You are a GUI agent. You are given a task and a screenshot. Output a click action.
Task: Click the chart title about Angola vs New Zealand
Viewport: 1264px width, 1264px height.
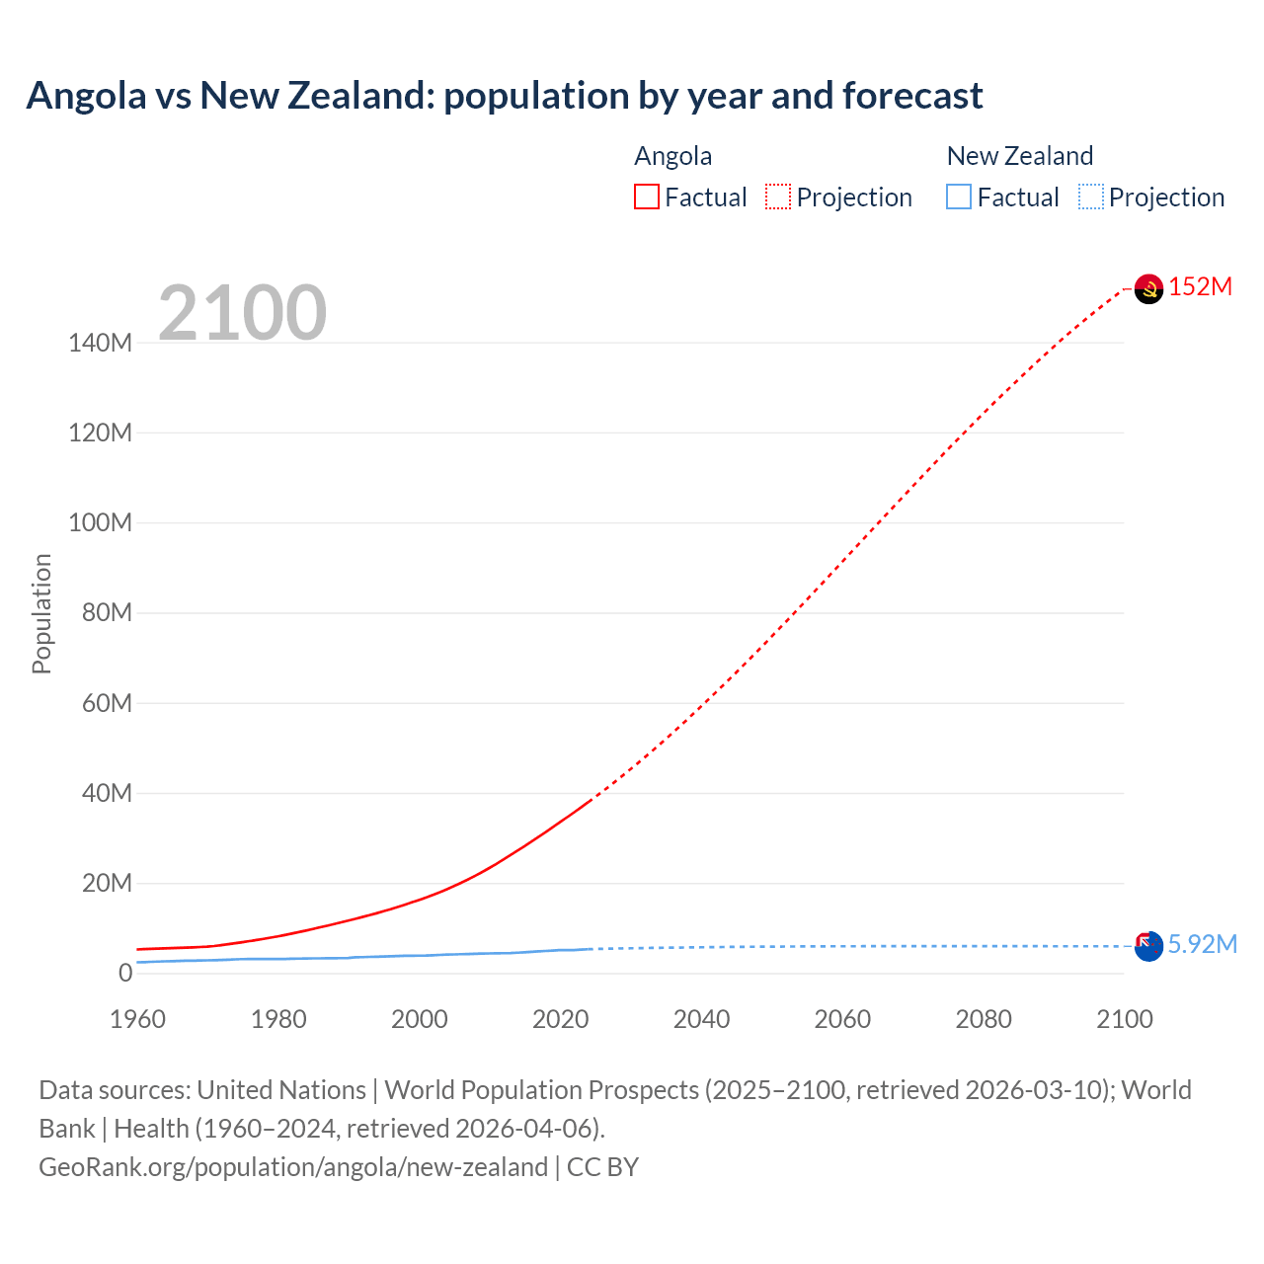pyautogui.click(x=505, y=96)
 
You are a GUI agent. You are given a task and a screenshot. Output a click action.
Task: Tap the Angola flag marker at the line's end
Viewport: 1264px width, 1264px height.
pyautogui.click(x=1148, y=288)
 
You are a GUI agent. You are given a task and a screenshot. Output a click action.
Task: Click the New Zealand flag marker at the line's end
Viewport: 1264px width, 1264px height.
pyautogui.click(x=1148, y=946)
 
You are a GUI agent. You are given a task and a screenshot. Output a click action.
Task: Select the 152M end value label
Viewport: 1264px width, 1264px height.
pyautogui.click(x=1201, y=287)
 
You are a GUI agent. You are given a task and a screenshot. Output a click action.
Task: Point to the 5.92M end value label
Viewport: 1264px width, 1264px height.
pyautogui.click(x=1203, y=945)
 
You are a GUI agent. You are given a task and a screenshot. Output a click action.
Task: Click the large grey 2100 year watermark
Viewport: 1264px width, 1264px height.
pyautogui.click(x=242, y=313)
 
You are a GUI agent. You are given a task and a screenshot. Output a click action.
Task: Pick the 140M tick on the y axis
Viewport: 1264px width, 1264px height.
pyautogui.click(x=100, y=344)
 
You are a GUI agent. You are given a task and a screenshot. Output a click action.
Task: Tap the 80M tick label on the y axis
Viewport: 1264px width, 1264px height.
pyautogui.click(x=107, y=613)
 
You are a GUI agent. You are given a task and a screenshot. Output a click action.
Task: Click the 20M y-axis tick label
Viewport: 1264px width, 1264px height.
pyautogui.click(x=107, y=884)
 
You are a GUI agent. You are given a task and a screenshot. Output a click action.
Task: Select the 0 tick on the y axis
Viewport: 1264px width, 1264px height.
pyautogui.click(x=125, y=974)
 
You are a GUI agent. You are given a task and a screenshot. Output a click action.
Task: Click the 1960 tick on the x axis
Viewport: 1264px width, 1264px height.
pyautogui.click(x=137, y=1019)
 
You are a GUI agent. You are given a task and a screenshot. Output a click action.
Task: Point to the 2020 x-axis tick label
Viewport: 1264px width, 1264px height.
pyautogui.click(x=560, y=1019)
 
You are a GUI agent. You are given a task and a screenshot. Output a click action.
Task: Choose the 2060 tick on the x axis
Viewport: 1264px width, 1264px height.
pyautogui.click(x=842, y=1019)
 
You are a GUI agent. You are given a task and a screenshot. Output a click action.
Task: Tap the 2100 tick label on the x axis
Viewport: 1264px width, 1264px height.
pyautogui.click(x=1124, y=1019)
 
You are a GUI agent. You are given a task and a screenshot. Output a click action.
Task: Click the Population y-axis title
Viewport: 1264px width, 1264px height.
pyautogui.click(x=41, y=613)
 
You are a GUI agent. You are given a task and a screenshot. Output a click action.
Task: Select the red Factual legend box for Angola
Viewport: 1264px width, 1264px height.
pyautogui.click(x=647, y=197)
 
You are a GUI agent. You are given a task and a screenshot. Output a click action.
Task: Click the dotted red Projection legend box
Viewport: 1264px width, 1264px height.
pyautogui.click(x=778, y=197)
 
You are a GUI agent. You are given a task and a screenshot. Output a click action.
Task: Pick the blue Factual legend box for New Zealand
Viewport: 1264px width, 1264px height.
pyautogui.click(x=959, y=197)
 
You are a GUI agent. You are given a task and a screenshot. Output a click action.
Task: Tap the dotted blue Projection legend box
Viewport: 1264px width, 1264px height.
pyautogui.click(x=1091, y=197)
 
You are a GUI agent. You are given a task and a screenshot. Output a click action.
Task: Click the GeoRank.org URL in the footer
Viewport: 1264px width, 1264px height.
pyautogui.click(x=293, y=1167)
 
